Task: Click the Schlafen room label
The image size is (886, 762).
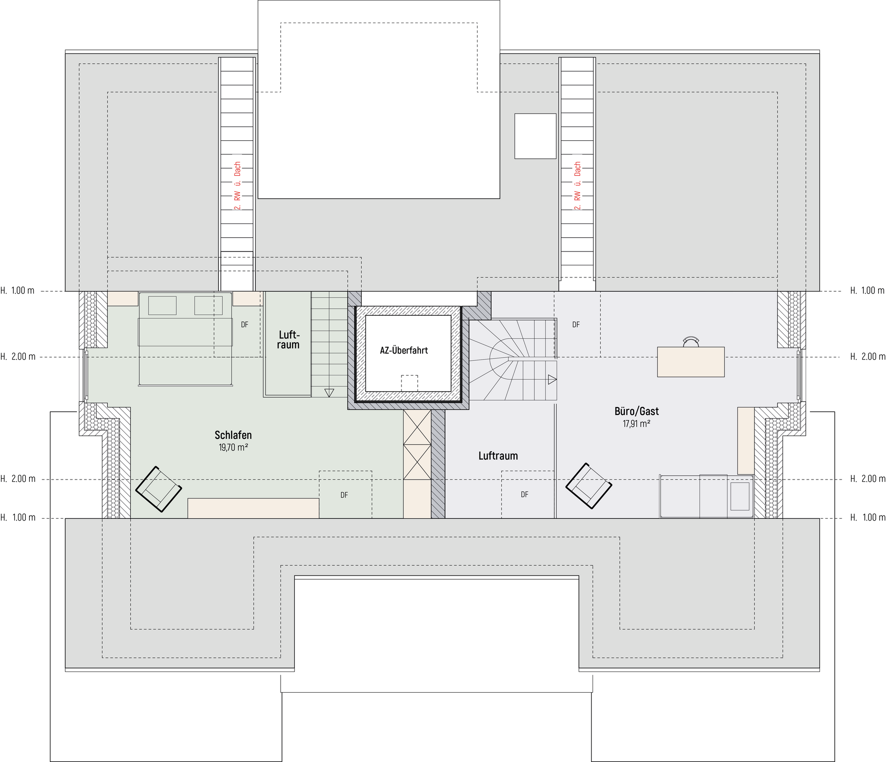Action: [233, 435]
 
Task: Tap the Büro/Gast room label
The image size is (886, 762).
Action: [636, 411]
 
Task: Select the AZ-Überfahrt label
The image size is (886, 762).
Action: [404, 350]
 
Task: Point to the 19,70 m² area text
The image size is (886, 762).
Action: [233, 447]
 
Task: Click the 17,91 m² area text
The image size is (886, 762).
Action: [636, 424]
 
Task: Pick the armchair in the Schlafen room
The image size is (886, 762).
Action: [158, 489]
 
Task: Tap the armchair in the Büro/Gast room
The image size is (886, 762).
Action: [589, 486]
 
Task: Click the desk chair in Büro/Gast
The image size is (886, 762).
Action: [691, 342]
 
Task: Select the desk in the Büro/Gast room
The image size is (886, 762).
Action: [691, 362]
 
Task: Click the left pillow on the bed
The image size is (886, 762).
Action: [162, 306]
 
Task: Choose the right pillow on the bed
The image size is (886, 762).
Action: [209, 306]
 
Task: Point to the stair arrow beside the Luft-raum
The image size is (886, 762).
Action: [329, 393]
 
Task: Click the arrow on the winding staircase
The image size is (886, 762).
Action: [552, 380]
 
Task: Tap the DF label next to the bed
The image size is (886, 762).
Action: [245, 325]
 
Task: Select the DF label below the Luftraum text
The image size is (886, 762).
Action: [525, 495]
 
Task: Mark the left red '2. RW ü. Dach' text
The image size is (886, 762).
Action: [237, 186]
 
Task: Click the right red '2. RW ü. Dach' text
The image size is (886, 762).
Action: [577, 186]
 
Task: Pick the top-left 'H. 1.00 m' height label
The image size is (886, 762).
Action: [18, 291]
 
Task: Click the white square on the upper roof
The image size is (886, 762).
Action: [535, 136]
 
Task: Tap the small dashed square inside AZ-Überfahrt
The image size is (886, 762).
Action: [409, 383]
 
